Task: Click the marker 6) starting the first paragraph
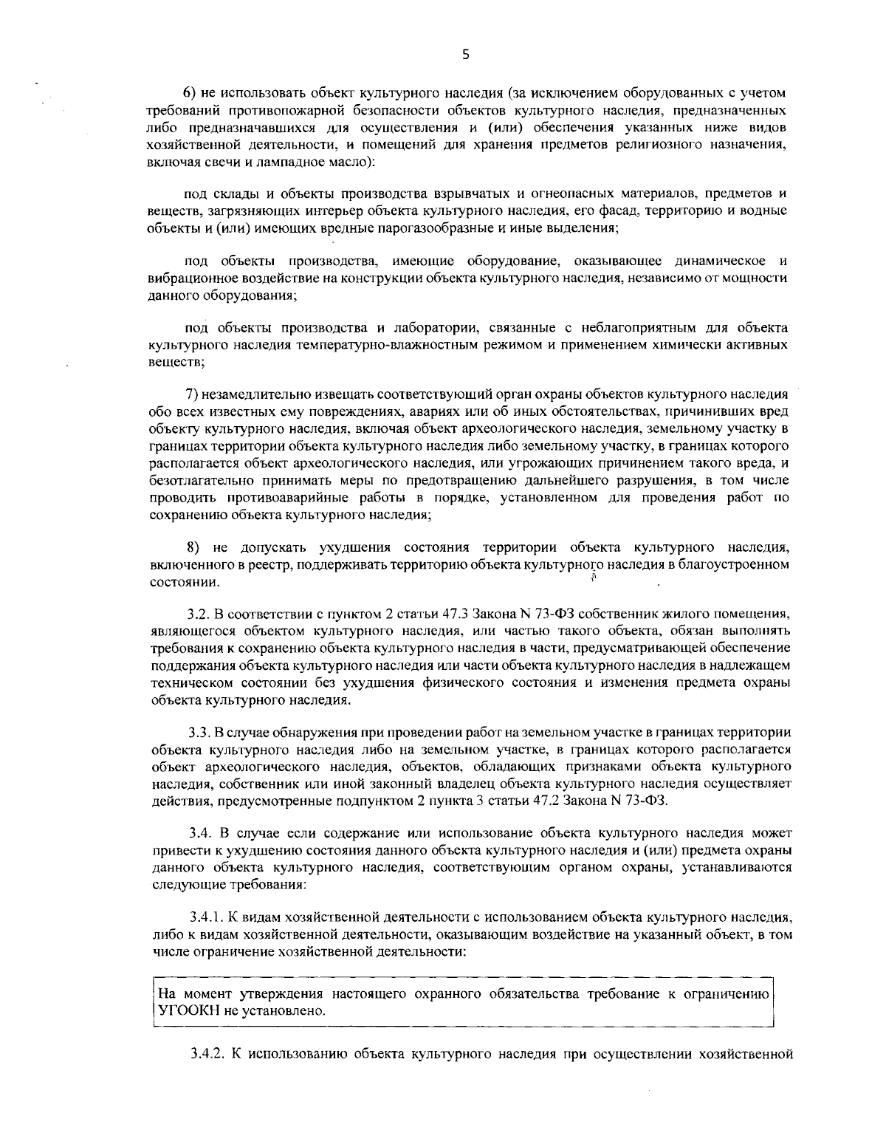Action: [x=190, y=93]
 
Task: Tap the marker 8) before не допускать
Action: [x=193, y=547]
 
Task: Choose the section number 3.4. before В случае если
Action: [x=199, y=834]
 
